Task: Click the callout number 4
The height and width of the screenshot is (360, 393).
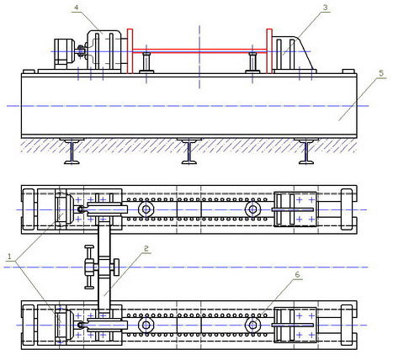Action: (x=77, y=8)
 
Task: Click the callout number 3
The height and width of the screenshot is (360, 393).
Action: (x=325, y=8)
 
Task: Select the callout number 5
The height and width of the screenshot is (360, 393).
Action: (x=381, y=73)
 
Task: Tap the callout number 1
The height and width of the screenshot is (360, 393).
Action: (x=10, y=257)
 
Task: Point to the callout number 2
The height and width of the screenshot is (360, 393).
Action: (x=146, y=248)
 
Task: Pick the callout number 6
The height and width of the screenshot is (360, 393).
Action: (x=297, y=274)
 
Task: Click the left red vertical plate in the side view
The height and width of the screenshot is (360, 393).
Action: (x=130, y=51)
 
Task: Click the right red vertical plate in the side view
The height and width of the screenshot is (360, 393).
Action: (x=269, y=51)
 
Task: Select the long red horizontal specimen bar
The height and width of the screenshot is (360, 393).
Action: (x=199, y=50)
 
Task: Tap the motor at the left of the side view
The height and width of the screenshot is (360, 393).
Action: (x=64, y=54)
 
